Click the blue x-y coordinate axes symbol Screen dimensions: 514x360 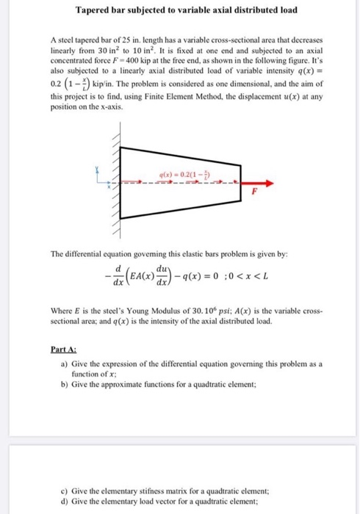(x=109, y=179)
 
